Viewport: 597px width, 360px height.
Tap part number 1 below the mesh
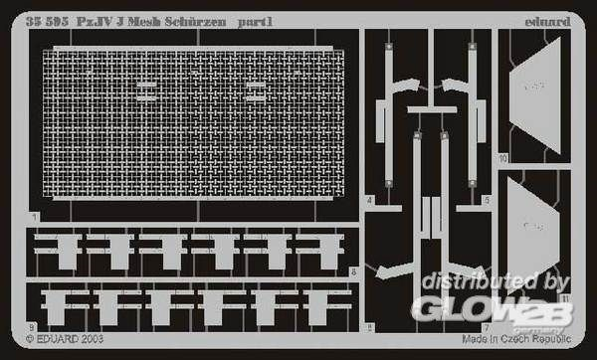pyautogui.click(x=34, y=217)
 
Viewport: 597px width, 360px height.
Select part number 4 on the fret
pyautogui.click(x=369, y=200)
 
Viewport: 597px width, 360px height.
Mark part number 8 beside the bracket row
pyautogui.click(x=354, y=271)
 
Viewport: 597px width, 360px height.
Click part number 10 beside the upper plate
pyautogui.click(x=504, y=158)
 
